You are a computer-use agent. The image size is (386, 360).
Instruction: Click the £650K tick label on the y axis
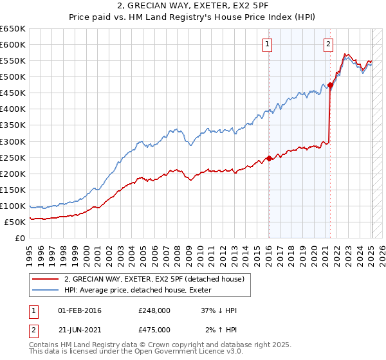tap(13, 29)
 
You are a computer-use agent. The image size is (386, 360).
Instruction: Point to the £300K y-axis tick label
tap(13, 141)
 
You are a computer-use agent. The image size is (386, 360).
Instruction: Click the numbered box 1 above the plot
tap(267, 44)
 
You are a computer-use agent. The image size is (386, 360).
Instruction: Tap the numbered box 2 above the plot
tap(328, 44)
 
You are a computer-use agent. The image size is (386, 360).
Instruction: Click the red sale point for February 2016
tap(269, 158)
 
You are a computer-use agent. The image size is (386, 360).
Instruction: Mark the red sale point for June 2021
tap(330, 85)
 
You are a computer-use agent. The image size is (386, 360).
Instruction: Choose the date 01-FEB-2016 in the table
tap(79, 310)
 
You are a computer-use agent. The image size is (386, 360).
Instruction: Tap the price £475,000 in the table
tap(154, 329)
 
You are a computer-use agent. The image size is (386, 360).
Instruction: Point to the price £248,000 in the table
tap(154, 310)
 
